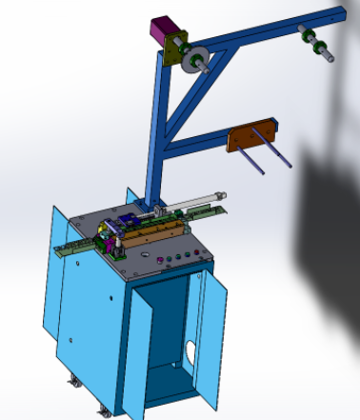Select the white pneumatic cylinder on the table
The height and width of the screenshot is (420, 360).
(190, 201)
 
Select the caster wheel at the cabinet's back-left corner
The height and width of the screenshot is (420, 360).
(73, 383)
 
